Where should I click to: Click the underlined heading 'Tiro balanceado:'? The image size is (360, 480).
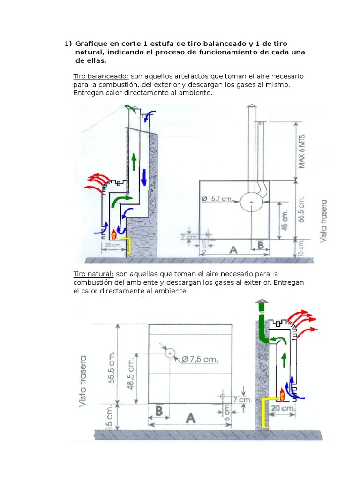(101, 76)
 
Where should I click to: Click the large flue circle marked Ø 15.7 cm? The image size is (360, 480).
(252, 202)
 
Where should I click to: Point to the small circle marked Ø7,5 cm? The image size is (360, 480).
(170, 352)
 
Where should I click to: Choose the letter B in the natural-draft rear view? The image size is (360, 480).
(158, 412)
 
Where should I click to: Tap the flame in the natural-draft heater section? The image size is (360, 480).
(283, 394)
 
